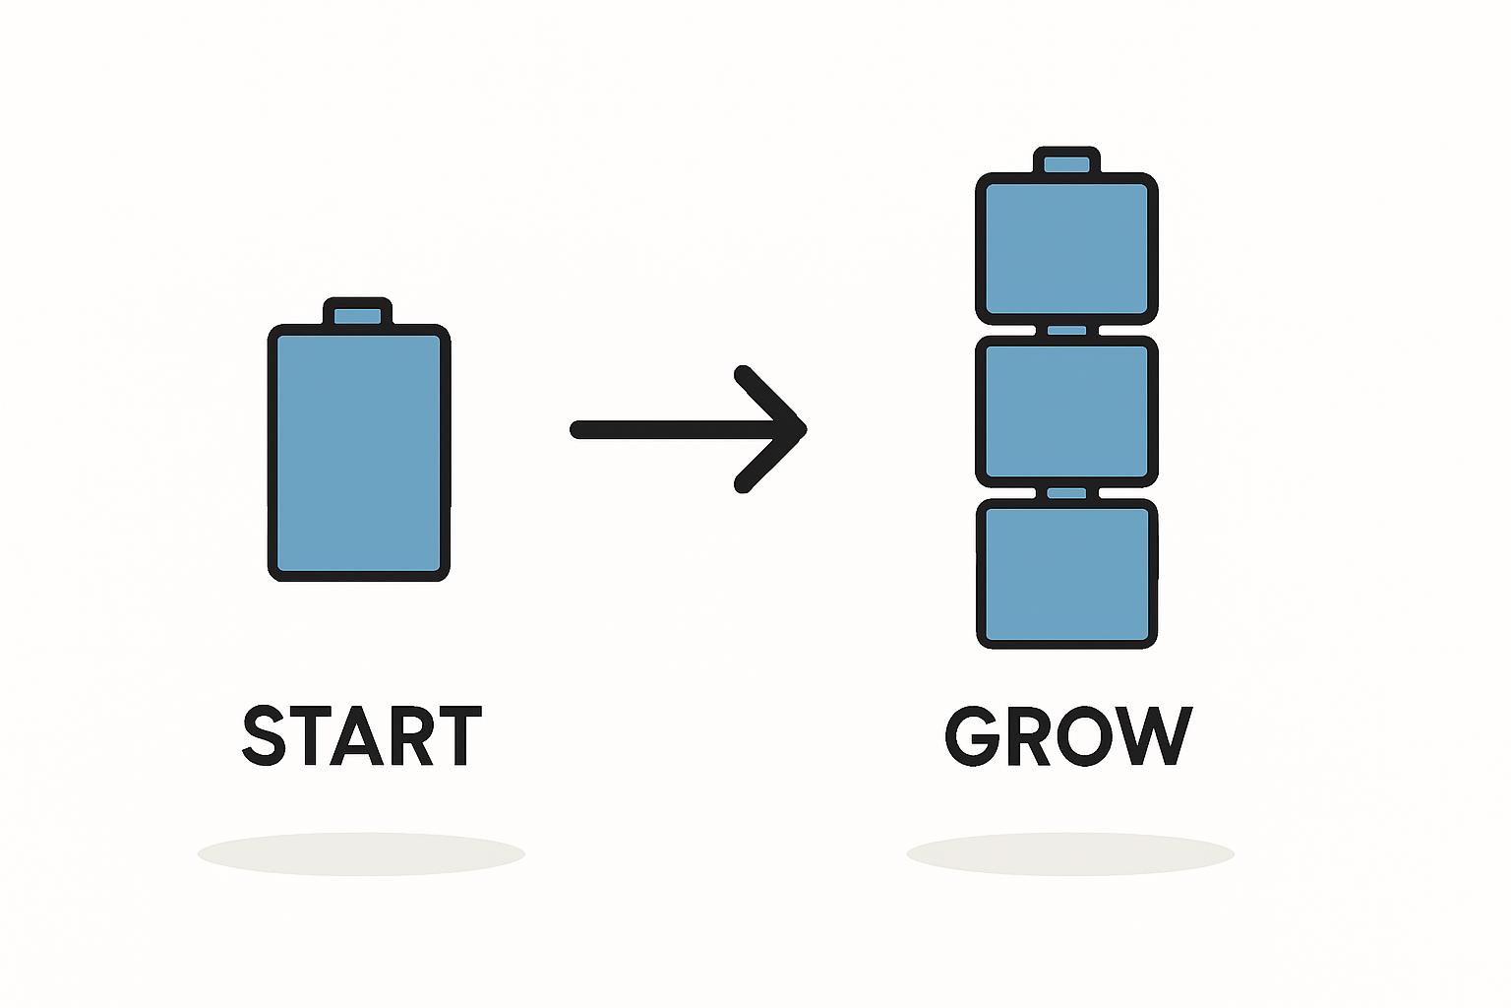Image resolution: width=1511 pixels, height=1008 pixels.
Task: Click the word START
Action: [361, 735]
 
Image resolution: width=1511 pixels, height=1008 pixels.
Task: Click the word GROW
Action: [1068, 735]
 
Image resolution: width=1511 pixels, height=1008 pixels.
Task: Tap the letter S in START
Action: [264, 735]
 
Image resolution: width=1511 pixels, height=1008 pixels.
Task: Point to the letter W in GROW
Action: [1154, 735]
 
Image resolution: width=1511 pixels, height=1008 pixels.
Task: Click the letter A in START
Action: [354, 736]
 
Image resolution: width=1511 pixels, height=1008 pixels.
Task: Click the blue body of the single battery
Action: [359, 453]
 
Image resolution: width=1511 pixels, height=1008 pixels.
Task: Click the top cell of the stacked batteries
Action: [1067, 248]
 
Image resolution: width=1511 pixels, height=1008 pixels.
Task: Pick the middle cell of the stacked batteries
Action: [1067, 411]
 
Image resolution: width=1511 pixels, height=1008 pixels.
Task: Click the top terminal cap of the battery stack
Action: [1066, 163]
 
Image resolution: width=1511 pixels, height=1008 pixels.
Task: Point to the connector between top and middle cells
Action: [1066, 331]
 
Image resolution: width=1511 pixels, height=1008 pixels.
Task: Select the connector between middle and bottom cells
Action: [1066, 493]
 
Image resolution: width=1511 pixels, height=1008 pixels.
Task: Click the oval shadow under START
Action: [361, 853]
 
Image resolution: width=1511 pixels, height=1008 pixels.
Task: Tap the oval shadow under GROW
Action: [1070, 853]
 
